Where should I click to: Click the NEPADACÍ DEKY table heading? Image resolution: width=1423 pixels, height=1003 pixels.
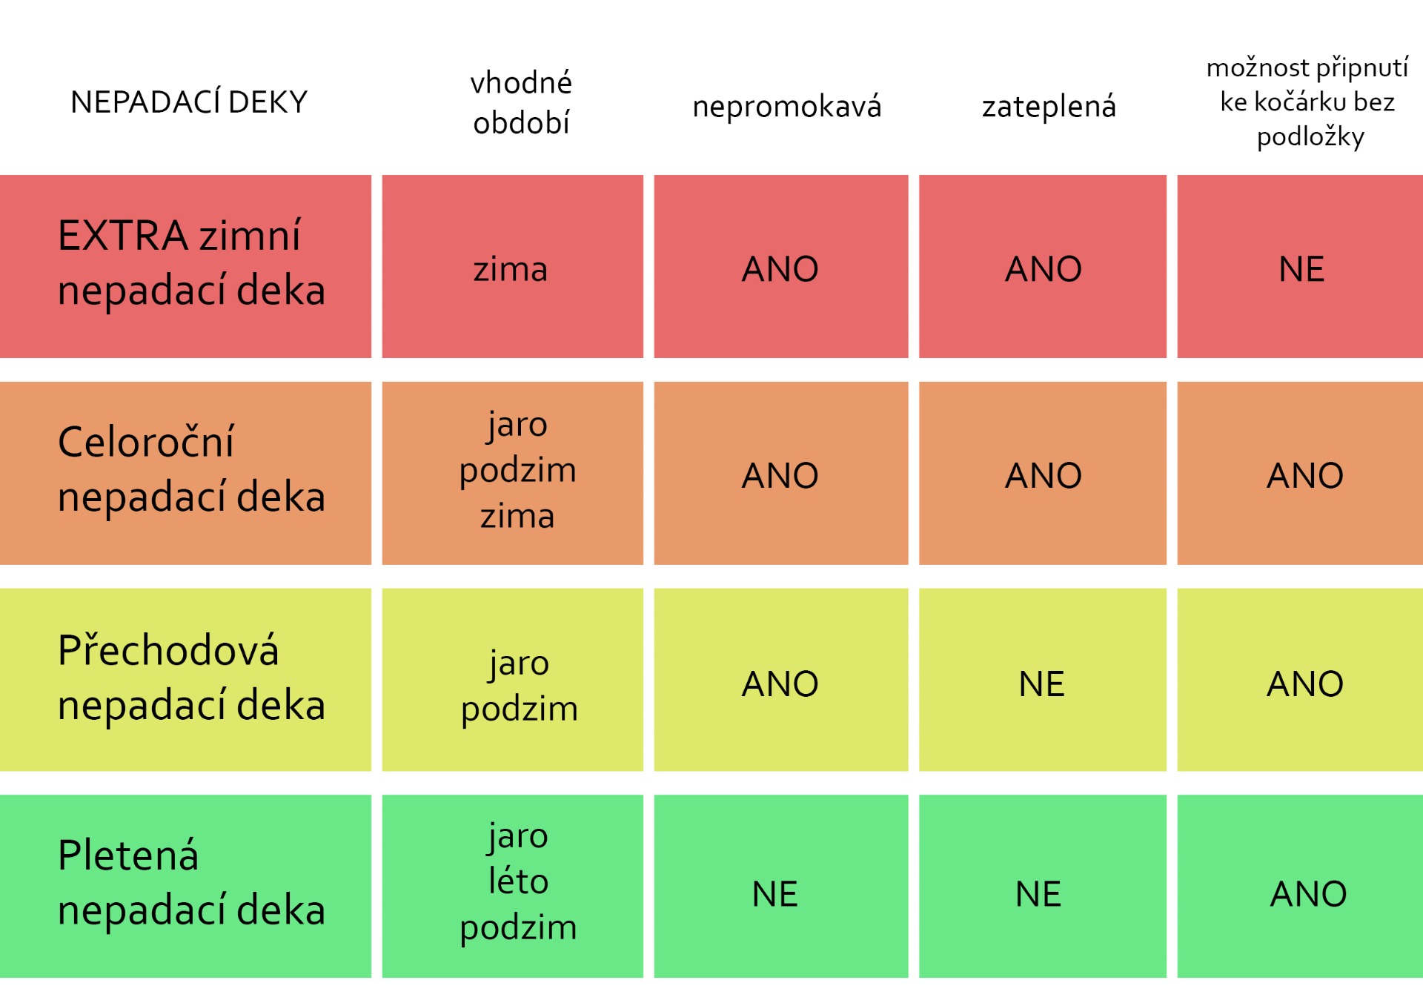coord(189,102)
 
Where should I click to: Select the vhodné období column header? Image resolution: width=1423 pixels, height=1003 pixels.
coord(521,102)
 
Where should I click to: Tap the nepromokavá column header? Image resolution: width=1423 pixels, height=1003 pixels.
coord(786,107)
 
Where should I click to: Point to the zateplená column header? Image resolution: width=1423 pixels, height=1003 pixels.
coord(1049,107)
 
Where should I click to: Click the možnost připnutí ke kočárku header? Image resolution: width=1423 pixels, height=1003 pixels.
coord(1308,102)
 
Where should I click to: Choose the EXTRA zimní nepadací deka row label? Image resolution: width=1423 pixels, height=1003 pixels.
coord(191,263)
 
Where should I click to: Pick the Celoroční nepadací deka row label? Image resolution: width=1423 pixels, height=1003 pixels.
coord(191,469)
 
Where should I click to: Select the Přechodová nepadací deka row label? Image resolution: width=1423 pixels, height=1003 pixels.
coord(191,678)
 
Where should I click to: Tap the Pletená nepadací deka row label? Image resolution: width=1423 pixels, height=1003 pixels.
coord(191,883)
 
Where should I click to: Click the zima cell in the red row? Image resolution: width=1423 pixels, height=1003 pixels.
coord(511,268)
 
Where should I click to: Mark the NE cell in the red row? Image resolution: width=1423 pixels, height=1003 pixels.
coord(1301,268)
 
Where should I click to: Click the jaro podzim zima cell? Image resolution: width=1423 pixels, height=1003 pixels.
coord(517,470)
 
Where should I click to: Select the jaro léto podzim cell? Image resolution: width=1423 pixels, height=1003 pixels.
coord(518,881)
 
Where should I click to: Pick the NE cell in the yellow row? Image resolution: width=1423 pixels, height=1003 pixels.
coord(1041,683)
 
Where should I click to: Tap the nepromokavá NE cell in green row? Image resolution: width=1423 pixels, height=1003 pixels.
coord(774,894)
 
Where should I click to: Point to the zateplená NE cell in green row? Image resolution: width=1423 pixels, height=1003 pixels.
coord(1038,894)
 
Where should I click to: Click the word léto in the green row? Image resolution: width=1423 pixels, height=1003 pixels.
coord(518,881)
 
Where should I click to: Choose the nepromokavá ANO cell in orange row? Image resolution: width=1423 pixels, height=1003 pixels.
coord(780,475)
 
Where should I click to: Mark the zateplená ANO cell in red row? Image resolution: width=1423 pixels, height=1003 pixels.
coord(1043,268)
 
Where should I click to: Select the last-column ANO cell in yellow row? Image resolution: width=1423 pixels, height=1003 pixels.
coord(1304,683)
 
